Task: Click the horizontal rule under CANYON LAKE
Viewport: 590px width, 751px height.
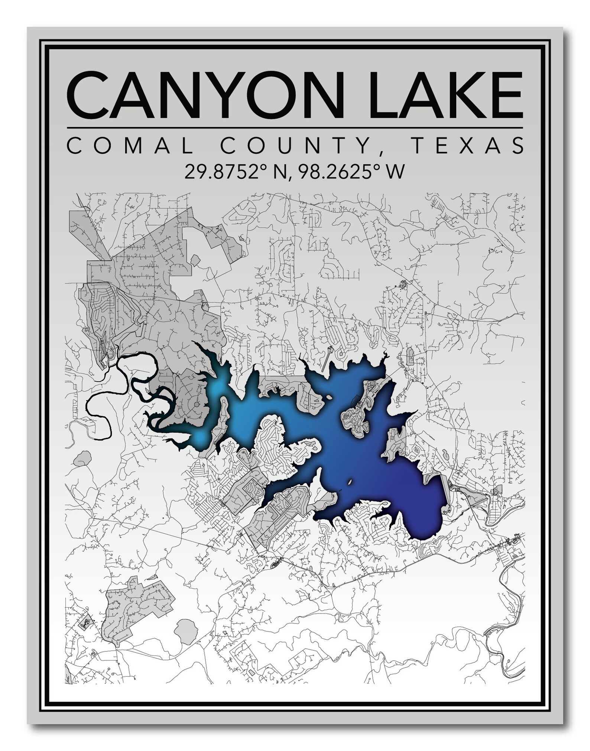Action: click(295, 128)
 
